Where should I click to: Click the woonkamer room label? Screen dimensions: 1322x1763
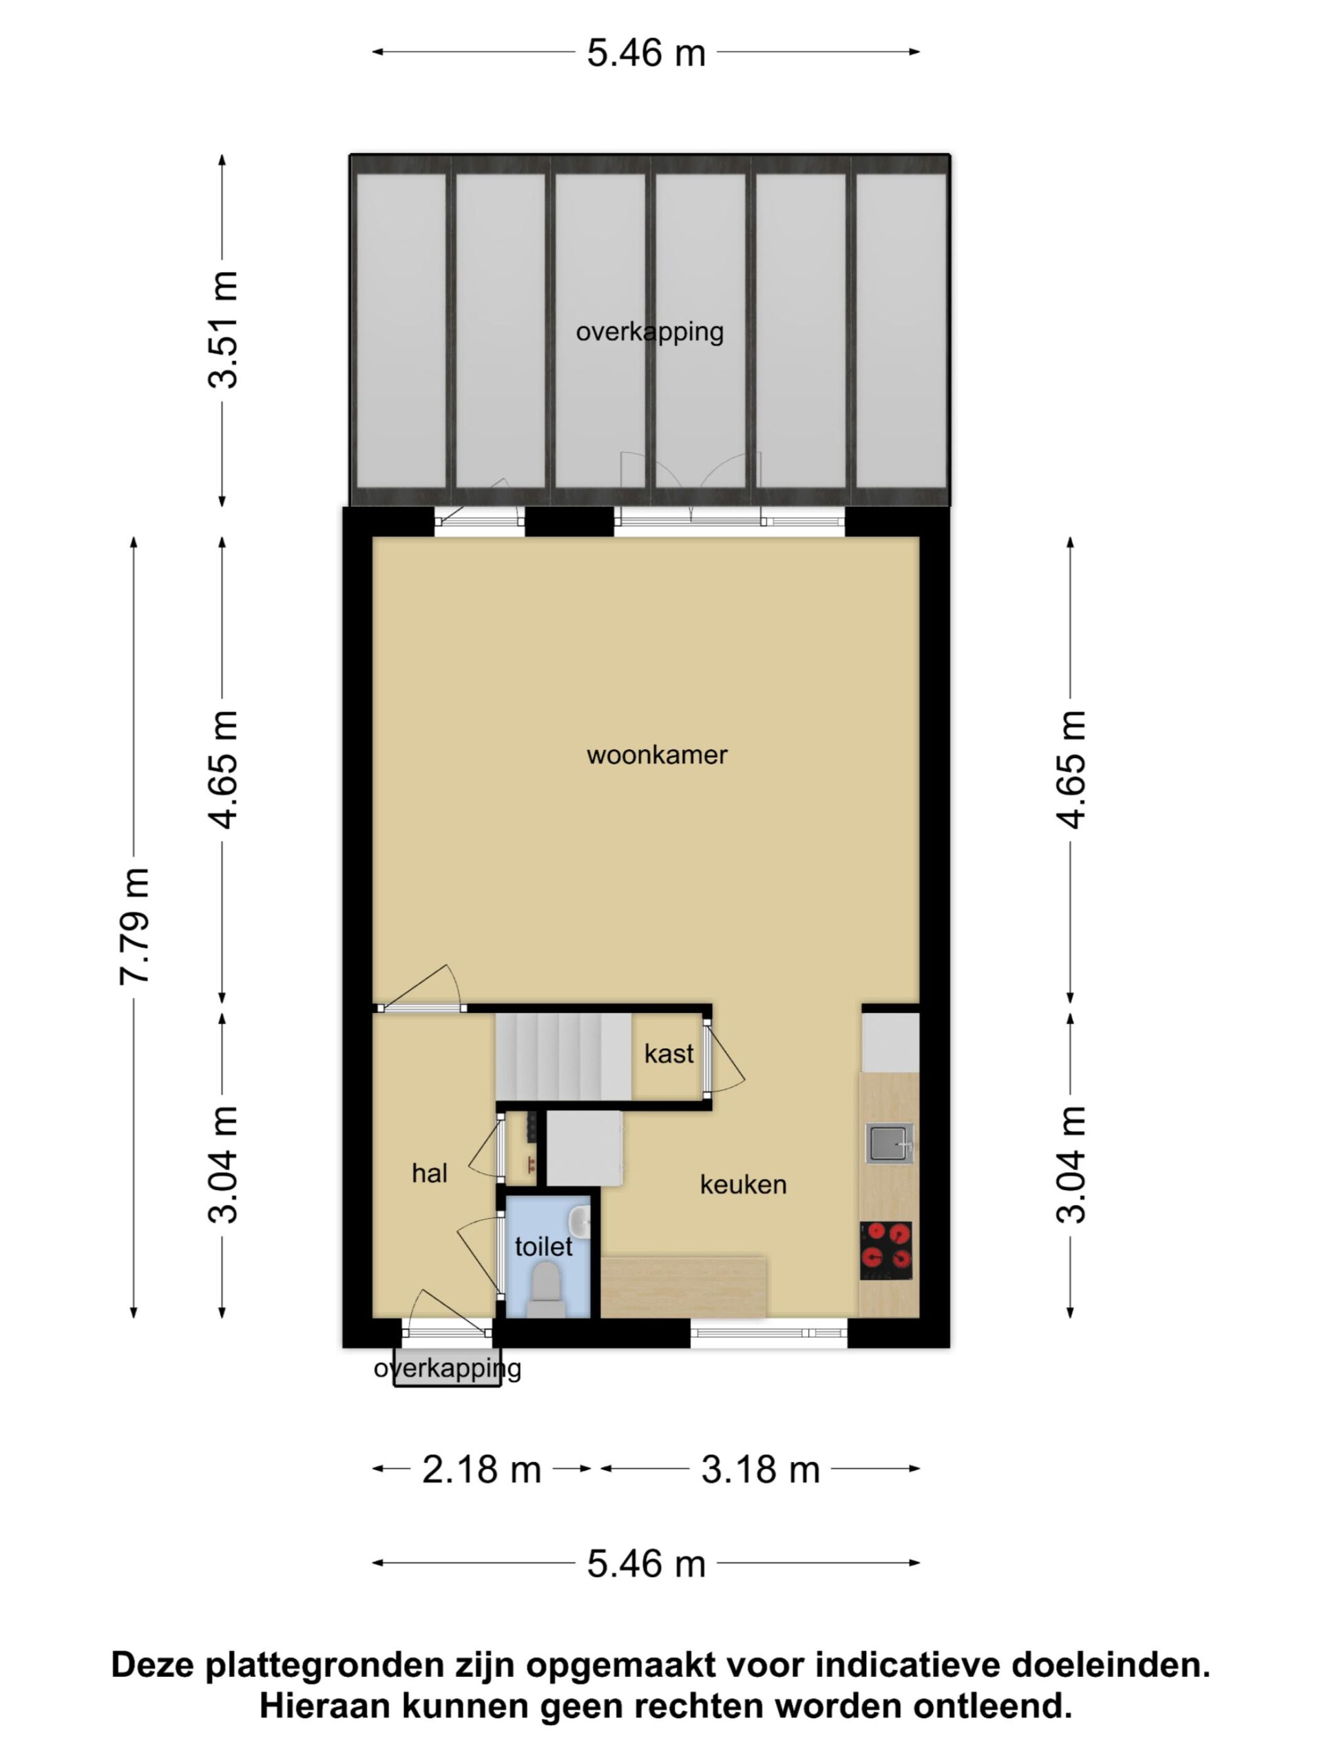coord(657,755)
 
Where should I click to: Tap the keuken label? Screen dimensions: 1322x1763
coord(743,1185)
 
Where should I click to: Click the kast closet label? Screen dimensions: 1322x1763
coord(669,1054)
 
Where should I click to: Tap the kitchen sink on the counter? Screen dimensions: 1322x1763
coord(890,1144)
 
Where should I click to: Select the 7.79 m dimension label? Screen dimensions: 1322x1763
coord(134,926)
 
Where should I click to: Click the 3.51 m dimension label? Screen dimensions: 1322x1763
coord(222,330)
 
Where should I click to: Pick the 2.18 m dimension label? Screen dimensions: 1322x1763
coord(481,1470)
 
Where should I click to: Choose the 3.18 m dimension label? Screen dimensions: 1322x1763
coord(760,1470)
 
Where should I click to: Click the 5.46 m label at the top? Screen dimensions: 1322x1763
coord(647,54)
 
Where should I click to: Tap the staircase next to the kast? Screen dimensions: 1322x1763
coord(563,1057)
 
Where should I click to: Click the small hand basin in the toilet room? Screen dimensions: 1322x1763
coord(579,1222)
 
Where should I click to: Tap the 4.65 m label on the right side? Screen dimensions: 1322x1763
coord(1071,769)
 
